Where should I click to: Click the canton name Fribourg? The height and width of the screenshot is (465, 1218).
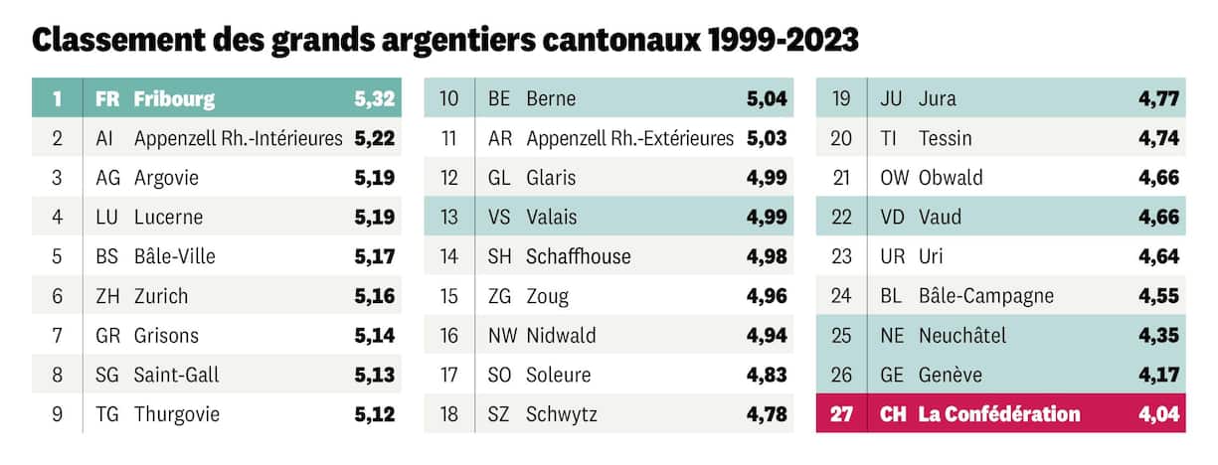[174, 98]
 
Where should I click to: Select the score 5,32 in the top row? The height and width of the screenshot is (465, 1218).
[375, 98]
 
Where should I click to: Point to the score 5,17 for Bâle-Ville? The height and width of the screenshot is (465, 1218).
[375, 256]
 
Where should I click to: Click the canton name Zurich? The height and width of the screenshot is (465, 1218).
[161, 296]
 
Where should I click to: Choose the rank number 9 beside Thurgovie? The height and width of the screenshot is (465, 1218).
[57, 414]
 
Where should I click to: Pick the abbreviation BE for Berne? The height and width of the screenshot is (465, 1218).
[499, 98]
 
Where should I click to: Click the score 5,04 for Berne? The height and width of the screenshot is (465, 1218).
[767, 98]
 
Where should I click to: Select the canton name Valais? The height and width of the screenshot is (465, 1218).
[551, 217]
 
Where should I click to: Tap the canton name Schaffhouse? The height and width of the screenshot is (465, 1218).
[579, 256]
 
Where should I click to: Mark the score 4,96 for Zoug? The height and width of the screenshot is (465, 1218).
[767, 296]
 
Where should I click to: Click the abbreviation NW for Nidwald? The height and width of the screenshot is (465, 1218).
[502, 336]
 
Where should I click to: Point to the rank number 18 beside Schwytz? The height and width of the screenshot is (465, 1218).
[448, 414]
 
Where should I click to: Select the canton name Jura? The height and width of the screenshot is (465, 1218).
[938, 98]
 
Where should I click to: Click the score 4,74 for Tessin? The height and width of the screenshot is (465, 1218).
[1159, 138]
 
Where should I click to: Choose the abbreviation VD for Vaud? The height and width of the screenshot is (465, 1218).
[893, 217]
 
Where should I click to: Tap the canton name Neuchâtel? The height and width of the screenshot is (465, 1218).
[962, 336]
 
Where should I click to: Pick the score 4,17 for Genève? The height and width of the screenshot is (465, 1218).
[1159, 375]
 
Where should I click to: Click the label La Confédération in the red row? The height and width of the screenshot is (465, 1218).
[999, 414]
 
